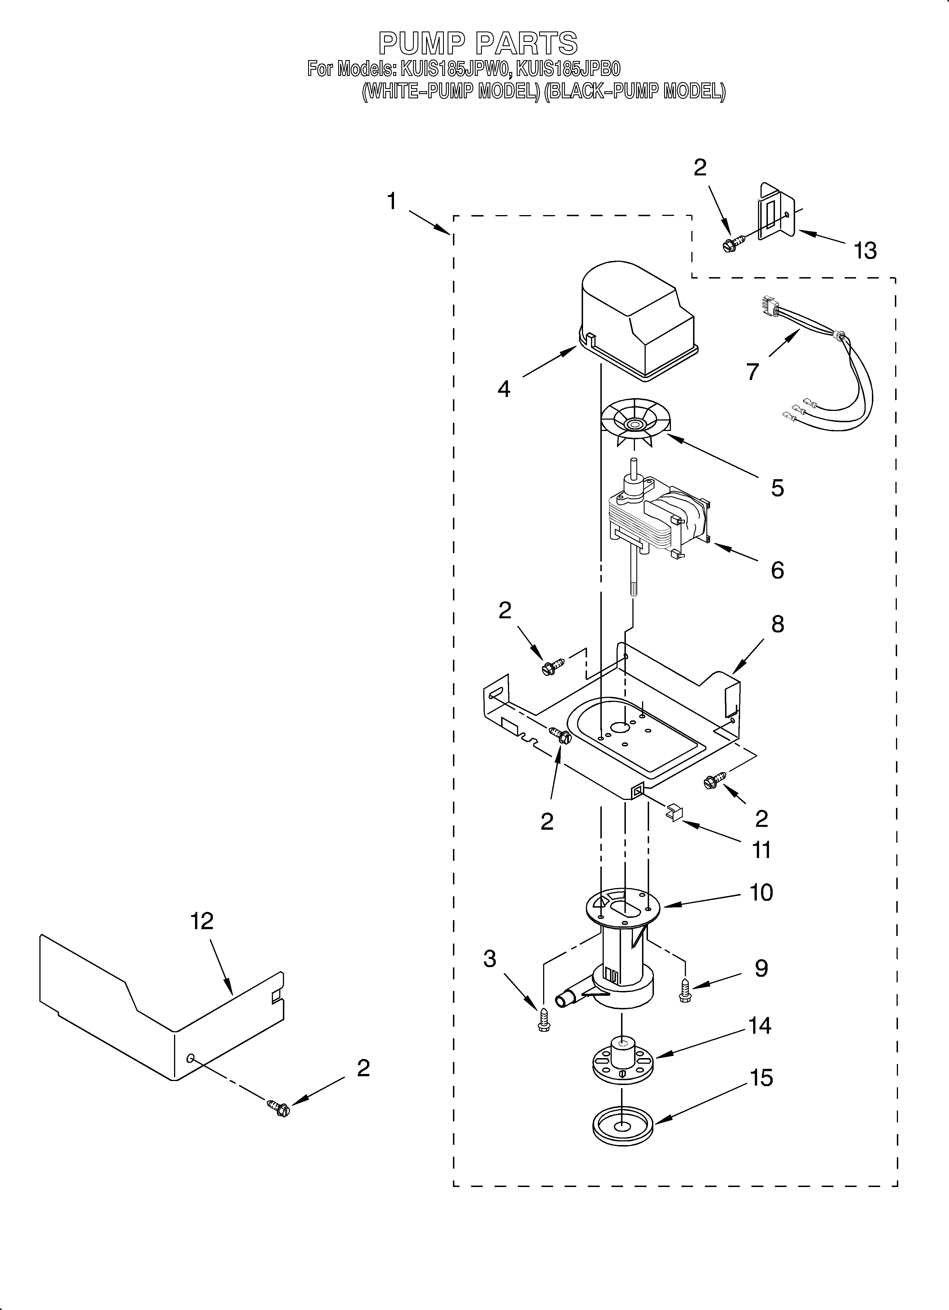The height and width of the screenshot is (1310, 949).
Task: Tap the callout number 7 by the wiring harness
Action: tap(751, 371)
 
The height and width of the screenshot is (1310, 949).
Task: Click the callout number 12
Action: tap(202, 921)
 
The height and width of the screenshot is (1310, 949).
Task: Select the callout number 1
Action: tap(392, 201)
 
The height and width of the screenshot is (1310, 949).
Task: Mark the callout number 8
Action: tap(777, 624)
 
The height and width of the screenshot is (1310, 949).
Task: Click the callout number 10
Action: tap(761, 892)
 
